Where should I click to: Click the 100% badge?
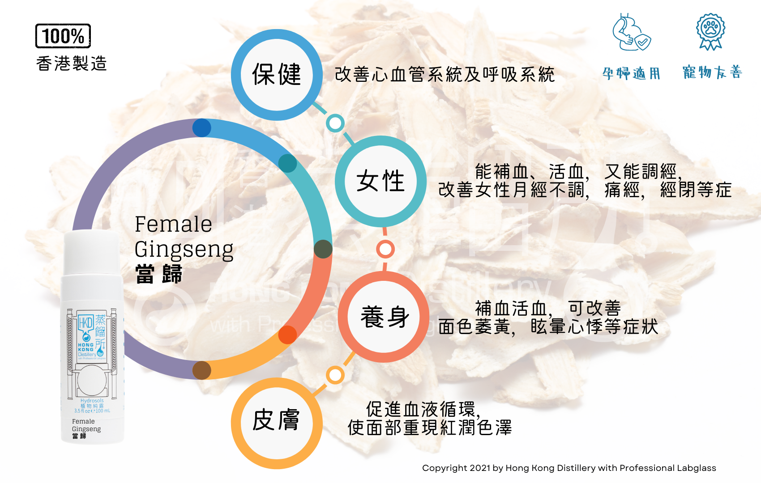click(63, 36)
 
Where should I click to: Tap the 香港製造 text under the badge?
click(72, 64)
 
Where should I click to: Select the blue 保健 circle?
click(277, 75)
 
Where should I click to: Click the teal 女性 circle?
click(380, 181)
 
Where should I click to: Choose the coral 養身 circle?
click(384, 317)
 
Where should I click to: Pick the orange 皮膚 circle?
click(277, 423)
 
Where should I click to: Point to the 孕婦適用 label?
click(631, 73)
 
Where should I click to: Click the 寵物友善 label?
click(712, 72)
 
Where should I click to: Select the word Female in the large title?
click(173, 224)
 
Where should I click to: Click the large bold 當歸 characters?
click(159, 274)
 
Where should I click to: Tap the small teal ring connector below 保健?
click(335, 123)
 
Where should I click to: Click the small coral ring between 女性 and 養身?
click(385, 249)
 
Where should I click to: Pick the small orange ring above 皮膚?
click(335, 375)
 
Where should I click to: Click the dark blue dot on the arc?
click(202, 128)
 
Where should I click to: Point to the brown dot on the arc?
click(202, 370)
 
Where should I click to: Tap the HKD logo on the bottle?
click(86, 323)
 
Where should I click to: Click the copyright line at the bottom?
click(569, 468)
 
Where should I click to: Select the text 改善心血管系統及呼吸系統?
click(445, 75)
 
